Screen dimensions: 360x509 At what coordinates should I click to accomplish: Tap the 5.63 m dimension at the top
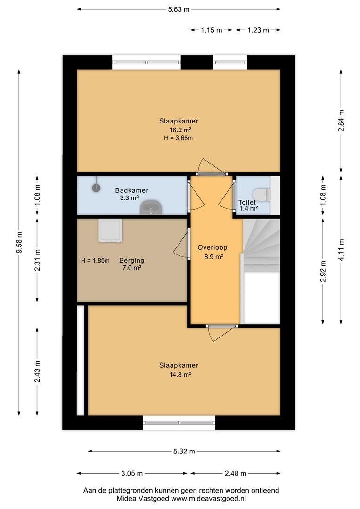(179, 9)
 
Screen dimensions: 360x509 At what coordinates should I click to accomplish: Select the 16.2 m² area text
(180, 130)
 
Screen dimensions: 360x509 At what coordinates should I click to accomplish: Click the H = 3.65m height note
(179, 138)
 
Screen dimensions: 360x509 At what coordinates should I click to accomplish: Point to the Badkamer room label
(132, 190)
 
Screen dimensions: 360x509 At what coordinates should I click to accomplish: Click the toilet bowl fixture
(262, 195)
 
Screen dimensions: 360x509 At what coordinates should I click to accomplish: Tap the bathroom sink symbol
(151, 207)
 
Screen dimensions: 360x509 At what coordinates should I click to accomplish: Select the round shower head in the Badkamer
(96, 187)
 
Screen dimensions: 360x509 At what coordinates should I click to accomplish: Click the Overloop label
(213, 247)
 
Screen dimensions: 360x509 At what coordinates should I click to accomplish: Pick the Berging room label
(132, 260)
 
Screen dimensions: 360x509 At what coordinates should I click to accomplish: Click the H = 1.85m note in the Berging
(95, 260)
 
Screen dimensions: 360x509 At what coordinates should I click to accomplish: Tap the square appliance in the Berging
(110, 230)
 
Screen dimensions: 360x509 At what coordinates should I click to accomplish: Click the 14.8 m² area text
(180, 374)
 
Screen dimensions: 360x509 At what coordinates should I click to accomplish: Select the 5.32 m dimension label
(184, 451)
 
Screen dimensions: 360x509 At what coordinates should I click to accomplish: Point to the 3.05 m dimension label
(132, 473)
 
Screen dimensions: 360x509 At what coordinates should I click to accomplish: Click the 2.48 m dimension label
(235, 473)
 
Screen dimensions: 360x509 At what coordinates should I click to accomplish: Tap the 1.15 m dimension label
(211, 30)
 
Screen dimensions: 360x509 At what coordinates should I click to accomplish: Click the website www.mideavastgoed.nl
(208, 498)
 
